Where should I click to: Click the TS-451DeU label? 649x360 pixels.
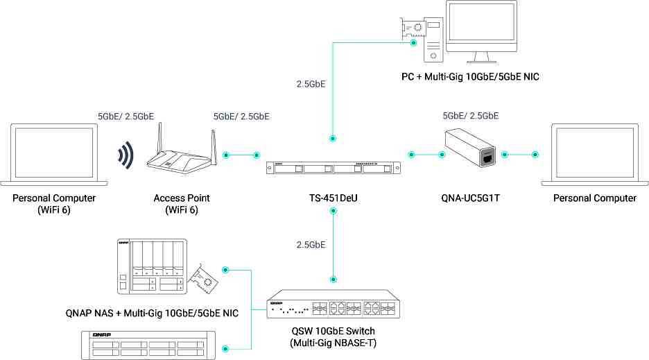pyautogui.click(x=334, y=198)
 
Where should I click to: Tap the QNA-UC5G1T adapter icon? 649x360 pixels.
pyautogui.click(x=470, y=148)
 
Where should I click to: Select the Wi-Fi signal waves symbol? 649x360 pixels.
pyautogui.click(x=125, y=155)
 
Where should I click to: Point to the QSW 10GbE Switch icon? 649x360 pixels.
pyautogui.click(x=334, y=305)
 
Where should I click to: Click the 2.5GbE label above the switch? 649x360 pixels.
pyautogui.click(x=311, y=245)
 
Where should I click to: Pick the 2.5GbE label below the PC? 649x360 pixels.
pyautogui.click(x=311, y=84)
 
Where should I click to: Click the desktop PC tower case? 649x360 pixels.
pyautogui.click(x=433, y=40)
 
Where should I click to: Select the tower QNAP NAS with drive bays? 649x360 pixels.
pyautogui.click(x=152, y=266)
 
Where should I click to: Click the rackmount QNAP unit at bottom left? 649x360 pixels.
pyautogui.click(x=148, y=345)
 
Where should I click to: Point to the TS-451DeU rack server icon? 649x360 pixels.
pyautogui.click(x=334, y=168)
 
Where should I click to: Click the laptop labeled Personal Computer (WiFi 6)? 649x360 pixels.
pyautogui.click(x=54, y=155)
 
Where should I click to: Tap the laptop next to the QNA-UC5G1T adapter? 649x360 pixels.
pyautogui.click(x=595, y=155)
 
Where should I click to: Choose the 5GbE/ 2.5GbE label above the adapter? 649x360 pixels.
pyautogui.click(x=471, y=116)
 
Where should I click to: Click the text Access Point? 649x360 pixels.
pyautogui.click(x=182, y=198)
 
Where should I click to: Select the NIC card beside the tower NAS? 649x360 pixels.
pyautogui.click(x=202, y=279)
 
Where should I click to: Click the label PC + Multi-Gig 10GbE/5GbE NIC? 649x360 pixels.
pyautogui.click(x=470, y=76)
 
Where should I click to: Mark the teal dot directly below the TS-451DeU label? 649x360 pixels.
pyautogui.click(x=334, y=212)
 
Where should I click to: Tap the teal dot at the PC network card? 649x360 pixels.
pyautogui.click(x=413, y=43)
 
